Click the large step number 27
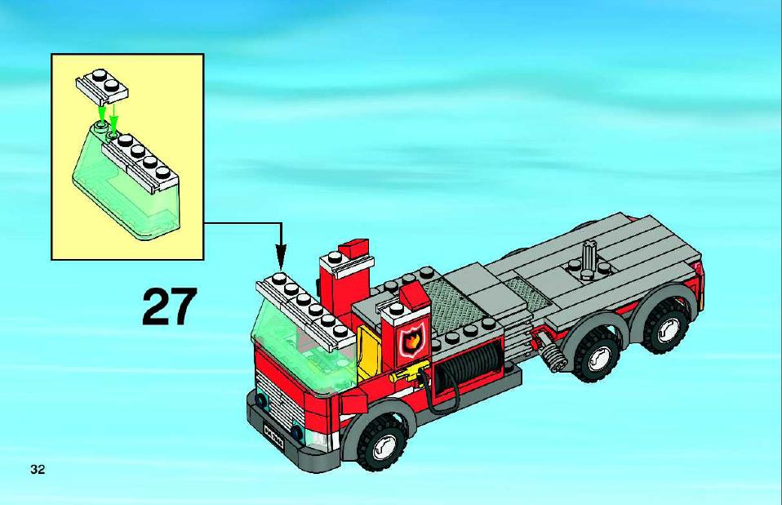(169, 306)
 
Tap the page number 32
(38, 469)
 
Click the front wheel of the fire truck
(383, 444)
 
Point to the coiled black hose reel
(466, 366)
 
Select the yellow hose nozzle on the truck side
(406, 373)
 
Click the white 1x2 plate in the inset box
(102, 87)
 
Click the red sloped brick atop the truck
(353, 248)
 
